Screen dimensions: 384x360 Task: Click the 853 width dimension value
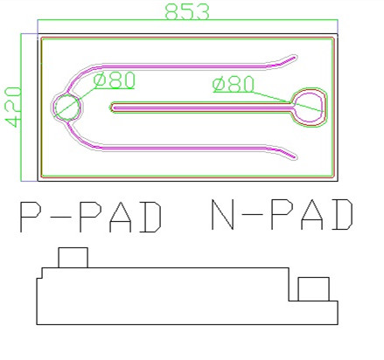(187, 11)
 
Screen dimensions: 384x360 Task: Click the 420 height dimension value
(13, 107)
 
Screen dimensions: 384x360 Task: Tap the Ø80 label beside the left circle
(115, 80)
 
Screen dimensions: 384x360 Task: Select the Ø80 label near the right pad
(234, 85)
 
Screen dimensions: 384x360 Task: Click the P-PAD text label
(91, 217)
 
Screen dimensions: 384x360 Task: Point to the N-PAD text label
(282, 215)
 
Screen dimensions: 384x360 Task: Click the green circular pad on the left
(67, 107)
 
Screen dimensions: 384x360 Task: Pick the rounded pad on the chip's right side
(309, 107)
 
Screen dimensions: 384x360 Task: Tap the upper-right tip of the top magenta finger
(295, 58)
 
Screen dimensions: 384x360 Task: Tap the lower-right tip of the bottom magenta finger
(295, 158)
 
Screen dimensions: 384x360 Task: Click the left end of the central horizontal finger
(111, 107)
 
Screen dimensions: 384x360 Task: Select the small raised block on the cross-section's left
(73, 258)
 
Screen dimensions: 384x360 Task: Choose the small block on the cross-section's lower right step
(313, 289)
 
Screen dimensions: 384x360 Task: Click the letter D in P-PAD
(150, 217)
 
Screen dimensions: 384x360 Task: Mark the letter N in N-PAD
(222, 215)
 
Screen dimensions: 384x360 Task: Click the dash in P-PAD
(61, 217)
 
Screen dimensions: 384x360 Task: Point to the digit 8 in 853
(172, 12)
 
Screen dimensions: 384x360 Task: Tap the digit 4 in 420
(13, 121)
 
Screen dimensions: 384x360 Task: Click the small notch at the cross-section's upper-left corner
(39, 273)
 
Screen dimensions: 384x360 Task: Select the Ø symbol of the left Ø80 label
(101, 80)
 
